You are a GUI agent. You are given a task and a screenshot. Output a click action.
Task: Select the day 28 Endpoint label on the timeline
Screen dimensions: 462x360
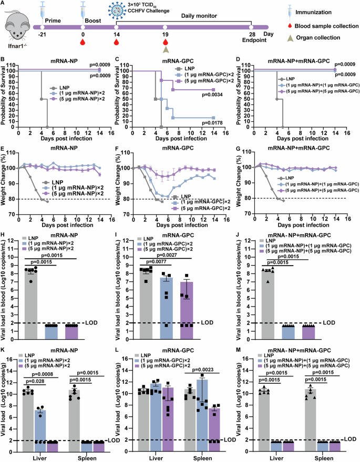(251, 37)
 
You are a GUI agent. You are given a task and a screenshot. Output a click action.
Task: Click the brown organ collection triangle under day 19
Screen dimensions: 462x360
(166, 49)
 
